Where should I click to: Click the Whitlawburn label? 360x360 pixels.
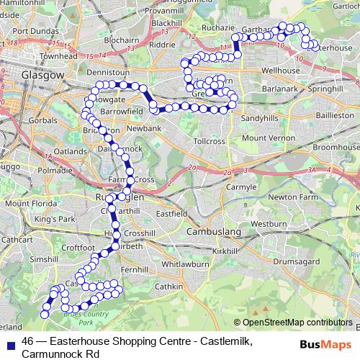[x=184, y=264]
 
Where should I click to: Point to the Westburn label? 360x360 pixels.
[x=269, y=224]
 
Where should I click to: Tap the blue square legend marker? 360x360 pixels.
[x=10, y=342]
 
